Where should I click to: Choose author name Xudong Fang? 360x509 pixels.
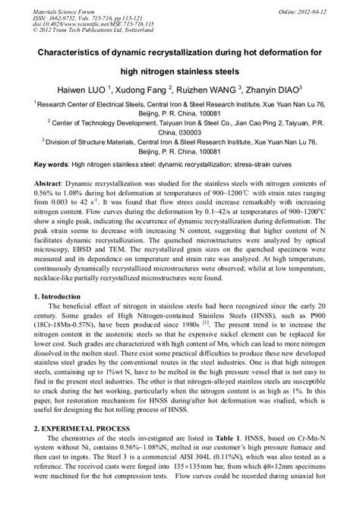coord(175,88)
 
